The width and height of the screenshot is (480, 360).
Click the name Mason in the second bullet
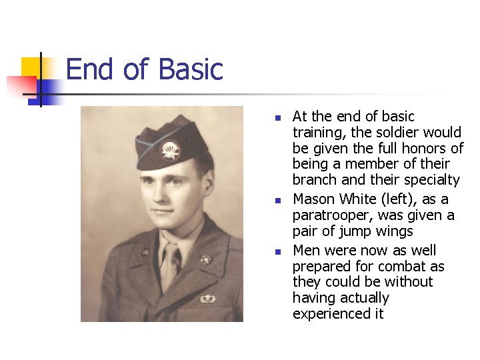coord(314,199)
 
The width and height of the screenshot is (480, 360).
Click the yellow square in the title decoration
coord(31,67)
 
